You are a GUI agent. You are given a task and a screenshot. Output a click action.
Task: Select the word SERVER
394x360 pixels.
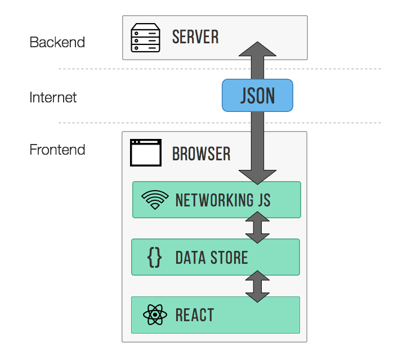point(195,38)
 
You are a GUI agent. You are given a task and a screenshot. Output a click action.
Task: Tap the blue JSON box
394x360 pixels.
point(258,95)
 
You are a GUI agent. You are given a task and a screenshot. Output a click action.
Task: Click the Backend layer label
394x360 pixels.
point(57,42)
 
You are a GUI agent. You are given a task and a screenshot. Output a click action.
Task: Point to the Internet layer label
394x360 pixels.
point(53,97)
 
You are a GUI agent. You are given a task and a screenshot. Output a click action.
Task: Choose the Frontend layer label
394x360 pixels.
point(57,150)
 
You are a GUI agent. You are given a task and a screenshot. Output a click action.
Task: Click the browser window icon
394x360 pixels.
point(145,153)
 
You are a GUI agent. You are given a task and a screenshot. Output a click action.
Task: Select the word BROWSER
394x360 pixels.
point(202,154)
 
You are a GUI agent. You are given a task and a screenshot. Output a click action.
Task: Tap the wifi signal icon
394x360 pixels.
point(155,200)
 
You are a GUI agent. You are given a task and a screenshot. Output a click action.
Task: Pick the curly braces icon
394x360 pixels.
point(154,258)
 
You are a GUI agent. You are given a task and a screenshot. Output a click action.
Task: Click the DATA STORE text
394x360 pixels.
point(212,258)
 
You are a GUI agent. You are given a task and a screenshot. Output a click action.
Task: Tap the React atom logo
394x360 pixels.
point(155,315)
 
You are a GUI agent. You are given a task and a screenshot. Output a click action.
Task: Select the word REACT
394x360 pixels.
point(195,315)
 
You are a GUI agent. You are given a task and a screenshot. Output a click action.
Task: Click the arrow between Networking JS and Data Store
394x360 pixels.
point(258,228)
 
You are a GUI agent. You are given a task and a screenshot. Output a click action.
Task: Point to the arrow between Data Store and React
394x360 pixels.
point(258,286)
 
